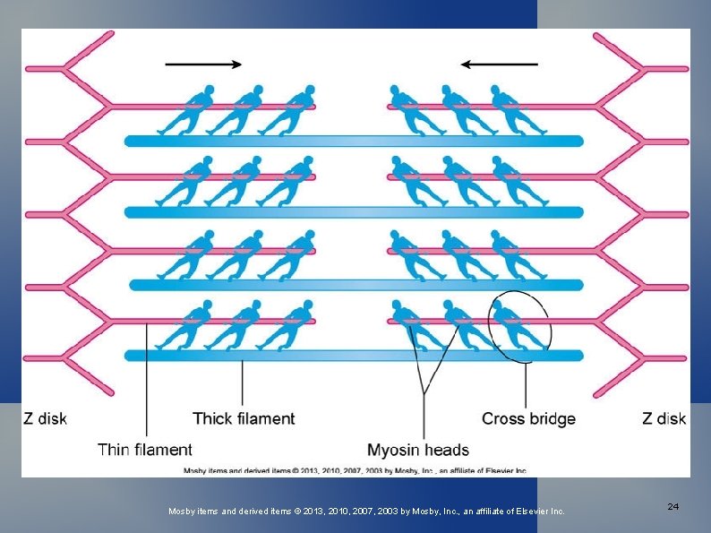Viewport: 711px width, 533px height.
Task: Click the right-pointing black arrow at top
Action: pyautogui.click(x=203, y=64)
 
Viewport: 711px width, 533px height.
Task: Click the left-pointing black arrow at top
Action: pyautogui.click(x=500, y=64)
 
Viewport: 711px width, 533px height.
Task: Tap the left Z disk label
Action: pyautogui.click(x=45, y=418)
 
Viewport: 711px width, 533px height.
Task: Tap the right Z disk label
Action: pyautogui.click(x=664, y=418)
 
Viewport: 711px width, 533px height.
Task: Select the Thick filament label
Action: pyautogui.click(x=244, y=418)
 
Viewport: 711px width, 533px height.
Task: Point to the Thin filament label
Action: pyautogui.click(x=145, y=450)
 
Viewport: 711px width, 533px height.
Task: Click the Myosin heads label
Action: pyautogui.click(x=418, y=450)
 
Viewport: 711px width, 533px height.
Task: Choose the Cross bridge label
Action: pyautogui.click(x=528, y=418)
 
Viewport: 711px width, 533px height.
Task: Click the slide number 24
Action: pyautogui.click(x=672, y=507)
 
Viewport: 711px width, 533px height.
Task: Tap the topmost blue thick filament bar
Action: pyautogui.click(x=354, y=141)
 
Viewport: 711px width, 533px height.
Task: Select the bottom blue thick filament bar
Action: pyautogui.click(x=354, y=356)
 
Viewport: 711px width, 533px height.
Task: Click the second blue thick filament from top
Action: pyautogui.click(x=354, y=212)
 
